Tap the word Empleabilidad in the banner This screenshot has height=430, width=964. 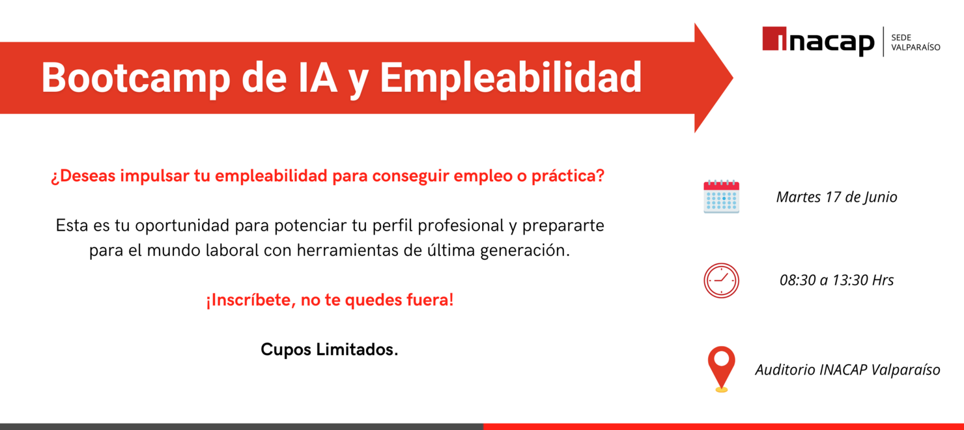[511, 78]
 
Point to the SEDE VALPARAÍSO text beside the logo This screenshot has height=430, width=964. [915, 42]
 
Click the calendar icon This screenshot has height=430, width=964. [721, 197]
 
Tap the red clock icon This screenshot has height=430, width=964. [721, 281]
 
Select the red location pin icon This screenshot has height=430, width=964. [721, 367]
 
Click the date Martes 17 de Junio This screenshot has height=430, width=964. [836, 197]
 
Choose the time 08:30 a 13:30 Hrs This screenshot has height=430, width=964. [836, 280]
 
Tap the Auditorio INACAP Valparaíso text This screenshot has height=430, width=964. [847, 369]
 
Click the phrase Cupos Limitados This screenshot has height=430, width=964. [329, 350]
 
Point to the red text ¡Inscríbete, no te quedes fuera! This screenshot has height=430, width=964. [330, 301]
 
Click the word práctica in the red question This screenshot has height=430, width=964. [567, 177]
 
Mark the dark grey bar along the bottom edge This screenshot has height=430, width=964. [241, 426]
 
